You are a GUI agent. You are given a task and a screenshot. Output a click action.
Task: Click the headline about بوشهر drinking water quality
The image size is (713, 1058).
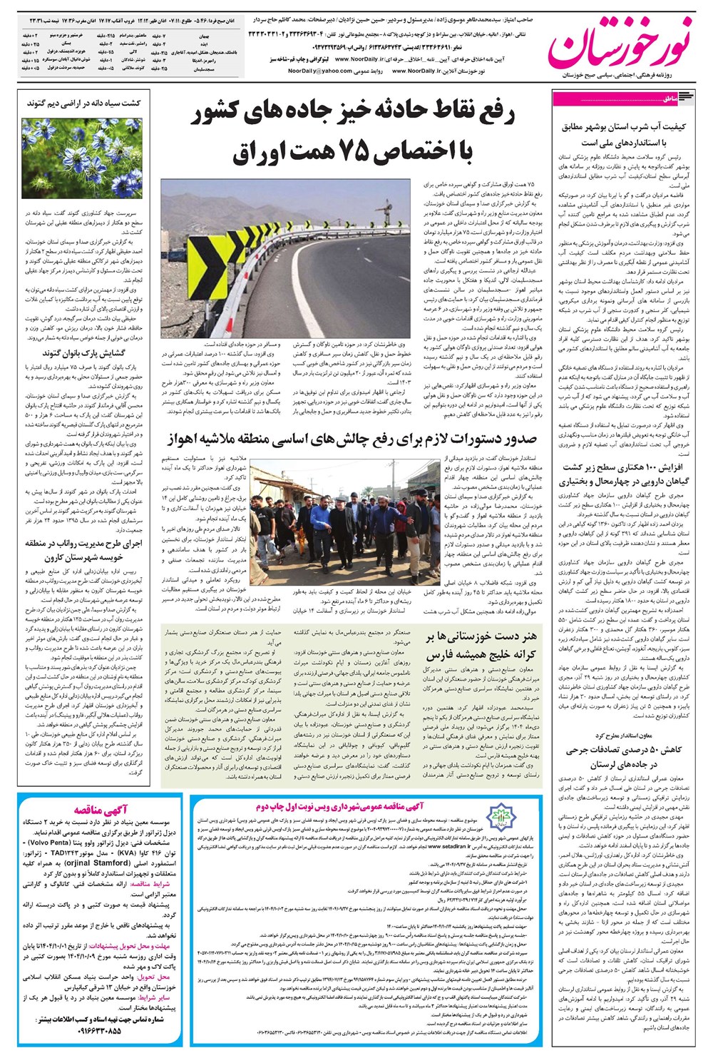click(x=625, y=133)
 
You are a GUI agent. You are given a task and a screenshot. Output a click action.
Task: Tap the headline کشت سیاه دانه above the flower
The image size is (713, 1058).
click(x=84, y=103)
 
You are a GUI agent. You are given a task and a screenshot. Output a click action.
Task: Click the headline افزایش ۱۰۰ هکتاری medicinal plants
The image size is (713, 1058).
click(x=625, y=474)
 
